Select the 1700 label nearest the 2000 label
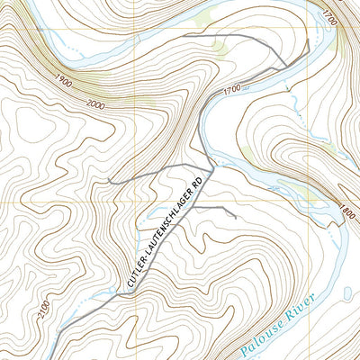point(229,89)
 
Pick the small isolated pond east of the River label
point(347,292)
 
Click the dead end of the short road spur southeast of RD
point(236,217)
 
